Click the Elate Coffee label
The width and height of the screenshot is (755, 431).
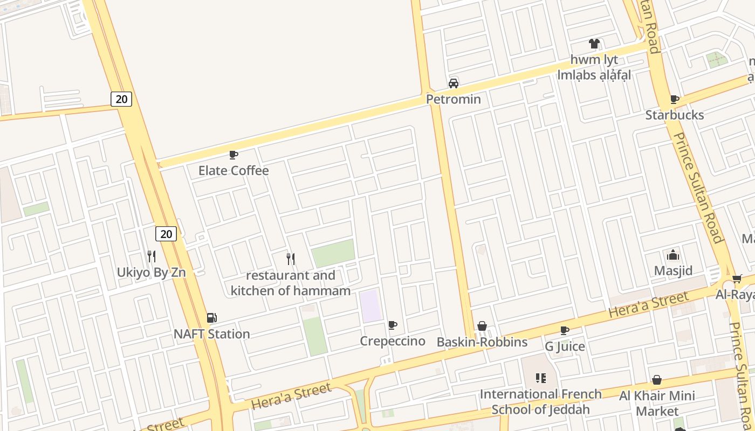(x=234, y=171)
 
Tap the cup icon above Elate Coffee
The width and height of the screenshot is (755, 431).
(x=234, y=155)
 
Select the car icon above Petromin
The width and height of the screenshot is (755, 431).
(x=454, y=83)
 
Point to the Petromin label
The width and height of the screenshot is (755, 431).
(x=453, y=99)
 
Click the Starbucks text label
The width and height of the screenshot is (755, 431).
(x=674, y=115)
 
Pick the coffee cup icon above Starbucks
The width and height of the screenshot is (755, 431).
(x=674, y=99)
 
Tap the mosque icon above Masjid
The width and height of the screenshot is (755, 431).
(x=673, y=255)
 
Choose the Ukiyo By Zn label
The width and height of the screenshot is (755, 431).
(x=151, y=272)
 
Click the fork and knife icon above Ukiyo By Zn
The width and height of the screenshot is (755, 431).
(x=152, y=256)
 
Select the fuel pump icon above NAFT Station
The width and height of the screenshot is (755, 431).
(x=212, y=318)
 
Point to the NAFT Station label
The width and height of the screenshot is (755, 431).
(x=212, y=334)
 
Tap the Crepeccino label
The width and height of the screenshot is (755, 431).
(x=392, y=341)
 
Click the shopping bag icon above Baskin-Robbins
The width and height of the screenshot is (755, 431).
(x=482, y=326)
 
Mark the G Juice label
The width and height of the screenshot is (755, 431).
(x=565, y=346)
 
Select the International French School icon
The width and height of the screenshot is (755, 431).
(x=540, y=378)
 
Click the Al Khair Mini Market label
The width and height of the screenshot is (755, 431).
(x=657, y=403)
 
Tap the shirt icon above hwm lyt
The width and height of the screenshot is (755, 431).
(x=594, y=44)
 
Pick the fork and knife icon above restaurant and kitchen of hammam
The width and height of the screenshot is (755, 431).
(x=291, y=259)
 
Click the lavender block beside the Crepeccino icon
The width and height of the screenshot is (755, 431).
(x=370, y=305)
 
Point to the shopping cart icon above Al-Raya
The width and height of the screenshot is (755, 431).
(x=737, y=279)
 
